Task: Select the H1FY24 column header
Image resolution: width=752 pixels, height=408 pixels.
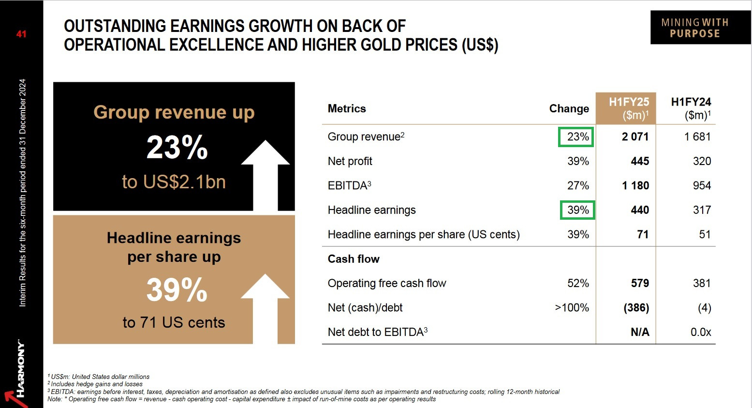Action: point(691,108)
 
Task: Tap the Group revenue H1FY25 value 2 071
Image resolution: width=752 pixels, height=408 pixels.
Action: point(635,137)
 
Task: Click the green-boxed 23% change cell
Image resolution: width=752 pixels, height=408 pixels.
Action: point(576,137)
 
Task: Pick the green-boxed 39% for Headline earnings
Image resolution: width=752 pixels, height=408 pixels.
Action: point(577,210)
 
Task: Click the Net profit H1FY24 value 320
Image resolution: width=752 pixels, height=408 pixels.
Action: point(702,161)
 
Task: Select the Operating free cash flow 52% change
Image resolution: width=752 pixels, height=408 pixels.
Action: point(578,283)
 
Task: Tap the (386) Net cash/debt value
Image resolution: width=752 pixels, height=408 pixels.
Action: point(636,308)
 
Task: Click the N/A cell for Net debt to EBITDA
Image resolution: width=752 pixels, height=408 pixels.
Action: point(639,332)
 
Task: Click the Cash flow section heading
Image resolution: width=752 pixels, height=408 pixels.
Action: point(354,259)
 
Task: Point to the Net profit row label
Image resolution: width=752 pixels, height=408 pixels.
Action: point(350,161)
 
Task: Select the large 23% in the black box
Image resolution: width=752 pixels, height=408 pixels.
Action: point(177,148)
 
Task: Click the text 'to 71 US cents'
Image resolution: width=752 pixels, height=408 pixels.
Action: point(174,322)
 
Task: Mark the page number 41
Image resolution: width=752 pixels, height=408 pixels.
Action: point(21,34)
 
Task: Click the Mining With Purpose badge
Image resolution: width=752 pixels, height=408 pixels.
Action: point(694,28)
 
